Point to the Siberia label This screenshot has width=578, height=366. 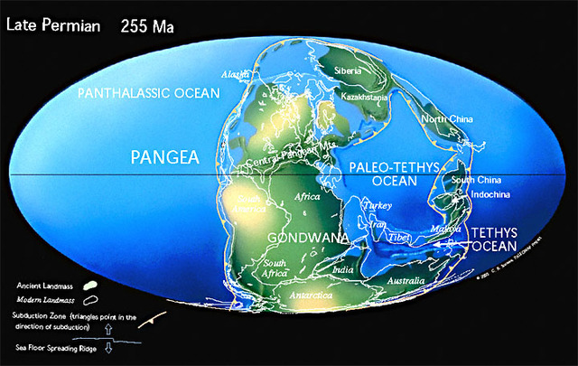[347, 70]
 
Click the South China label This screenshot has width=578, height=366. [475, 178]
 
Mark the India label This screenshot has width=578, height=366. [342, 269]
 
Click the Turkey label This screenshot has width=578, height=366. [377, 206]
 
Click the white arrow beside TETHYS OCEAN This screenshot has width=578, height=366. [460, 240]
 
